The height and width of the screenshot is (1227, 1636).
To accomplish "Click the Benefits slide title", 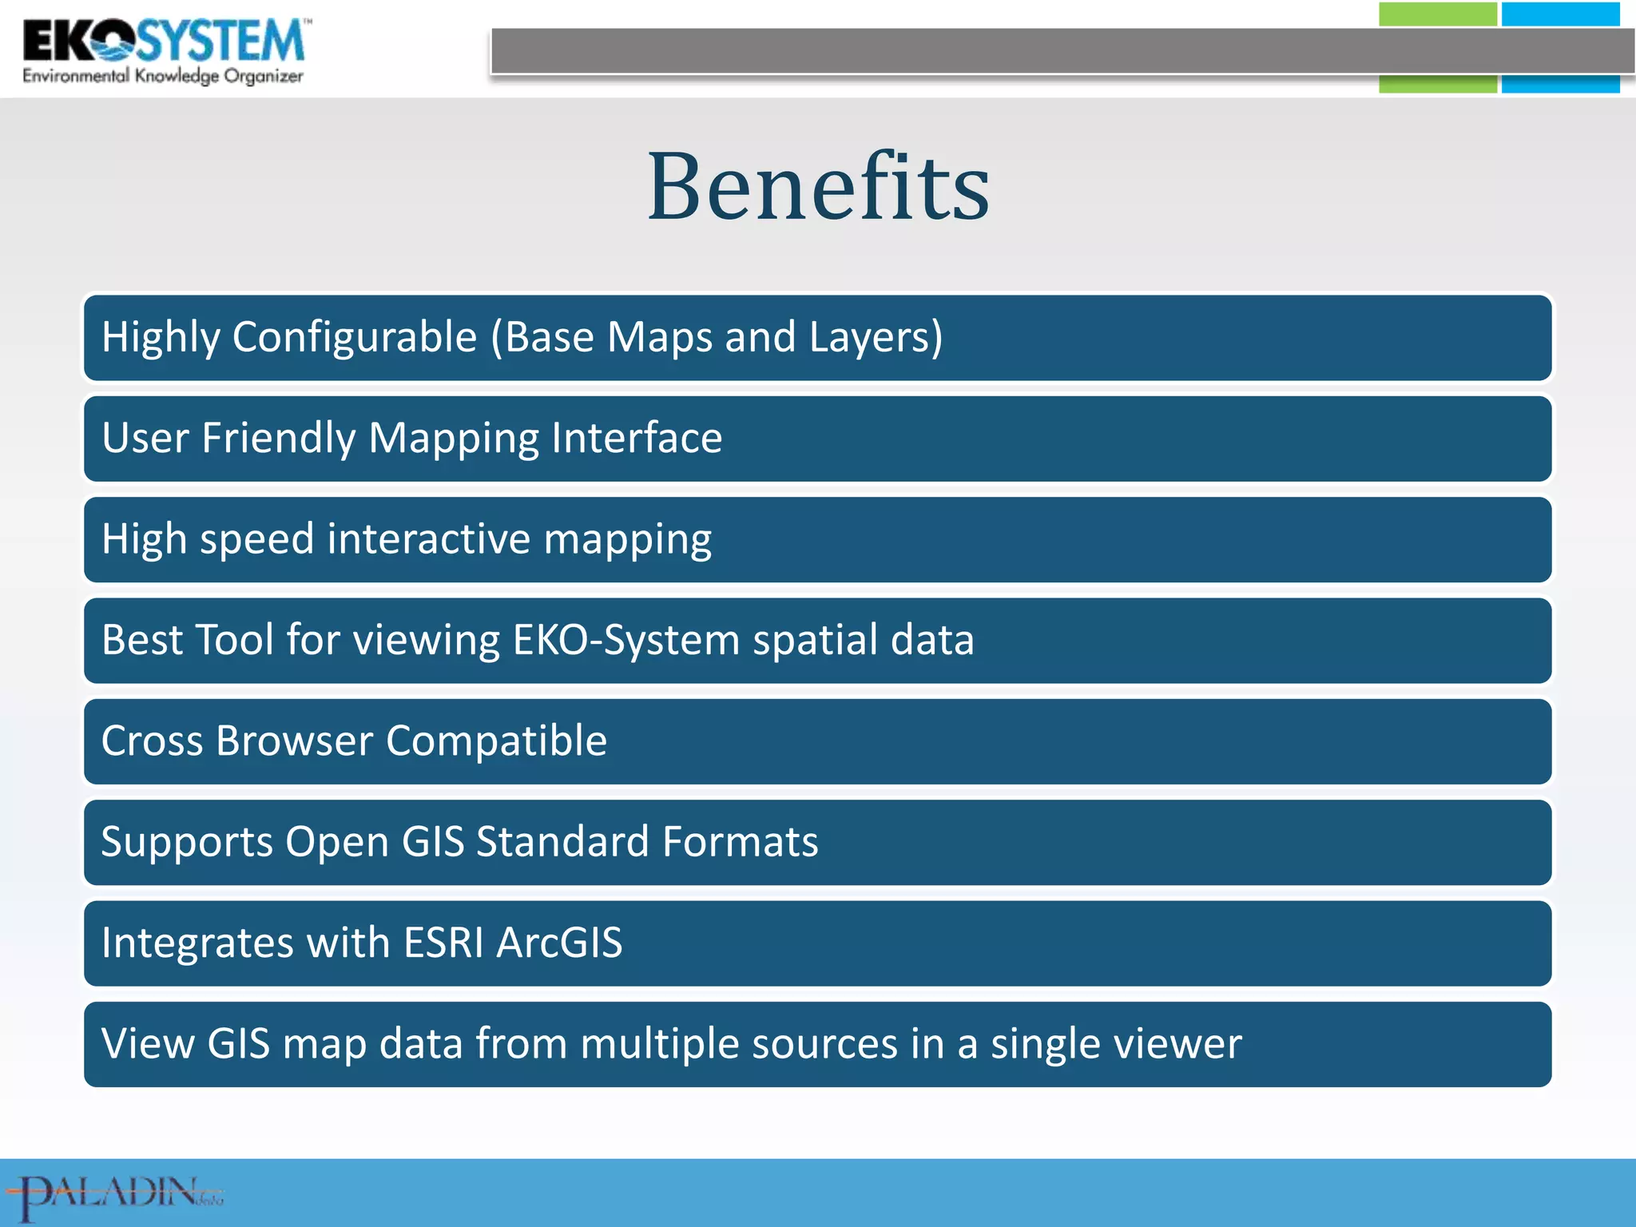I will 818,189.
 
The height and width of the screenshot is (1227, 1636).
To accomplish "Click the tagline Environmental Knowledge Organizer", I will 163,77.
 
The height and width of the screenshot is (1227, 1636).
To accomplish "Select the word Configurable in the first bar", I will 355,337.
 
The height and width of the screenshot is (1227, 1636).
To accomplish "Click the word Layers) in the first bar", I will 876,337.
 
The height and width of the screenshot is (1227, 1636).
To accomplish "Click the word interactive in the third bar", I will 429,539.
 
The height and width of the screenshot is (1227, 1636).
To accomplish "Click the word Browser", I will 294,741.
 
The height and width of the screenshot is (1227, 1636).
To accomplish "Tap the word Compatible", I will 496,741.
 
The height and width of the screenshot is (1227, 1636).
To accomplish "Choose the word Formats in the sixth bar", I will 740,842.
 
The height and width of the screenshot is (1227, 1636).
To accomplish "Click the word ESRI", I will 443,943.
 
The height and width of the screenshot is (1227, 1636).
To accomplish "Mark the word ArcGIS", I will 559,943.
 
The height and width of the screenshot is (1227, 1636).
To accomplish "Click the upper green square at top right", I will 1437,14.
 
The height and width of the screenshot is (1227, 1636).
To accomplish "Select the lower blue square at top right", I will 1559,84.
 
